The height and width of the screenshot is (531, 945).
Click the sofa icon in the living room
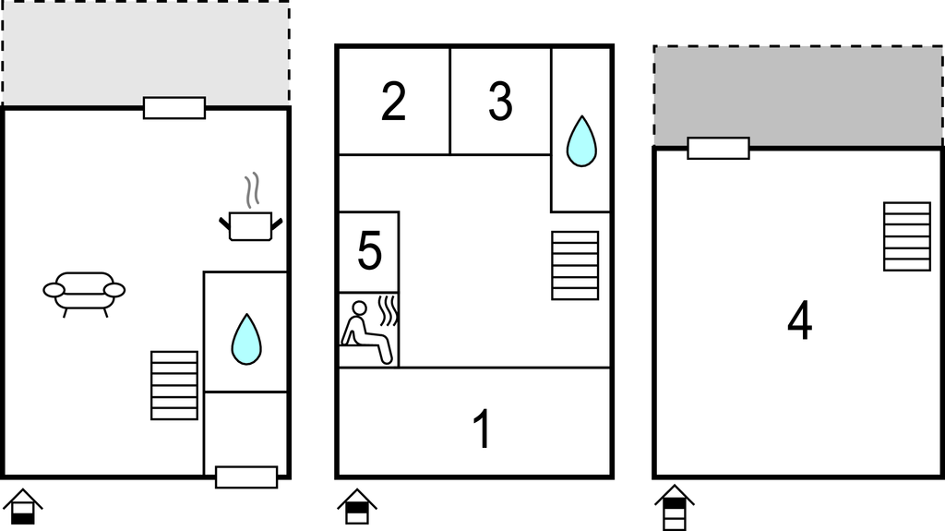[x=84, y=294]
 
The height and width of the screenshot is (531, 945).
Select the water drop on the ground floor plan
[x=246, y=339]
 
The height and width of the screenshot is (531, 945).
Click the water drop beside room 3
[x=581, y=141]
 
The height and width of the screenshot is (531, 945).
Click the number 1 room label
[x=482, y=428]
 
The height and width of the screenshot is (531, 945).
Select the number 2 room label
[x=393, y=101]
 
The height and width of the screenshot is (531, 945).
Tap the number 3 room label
[x=500, y=101]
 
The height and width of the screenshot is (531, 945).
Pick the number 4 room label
[x=800, y=321]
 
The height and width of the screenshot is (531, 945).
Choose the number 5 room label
[x=369, y=250]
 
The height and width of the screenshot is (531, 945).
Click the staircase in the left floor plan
[x=174, y=386]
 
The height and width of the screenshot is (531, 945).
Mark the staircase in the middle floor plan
[x=576, y=266]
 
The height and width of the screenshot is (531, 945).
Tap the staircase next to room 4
[x=907, y=236]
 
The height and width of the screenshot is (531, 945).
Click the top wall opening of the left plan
[x=174, y=108]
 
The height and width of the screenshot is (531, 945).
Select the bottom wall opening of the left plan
[x=246, y=477]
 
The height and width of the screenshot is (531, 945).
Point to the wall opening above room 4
[x=718, y=149]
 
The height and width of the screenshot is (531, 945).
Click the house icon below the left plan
[x=23, y=507]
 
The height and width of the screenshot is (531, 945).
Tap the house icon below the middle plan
[x=357, y=507]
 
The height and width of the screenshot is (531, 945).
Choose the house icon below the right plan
[x=675, y=507]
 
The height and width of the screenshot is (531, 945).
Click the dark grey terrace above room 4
[x=798, y=96]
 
